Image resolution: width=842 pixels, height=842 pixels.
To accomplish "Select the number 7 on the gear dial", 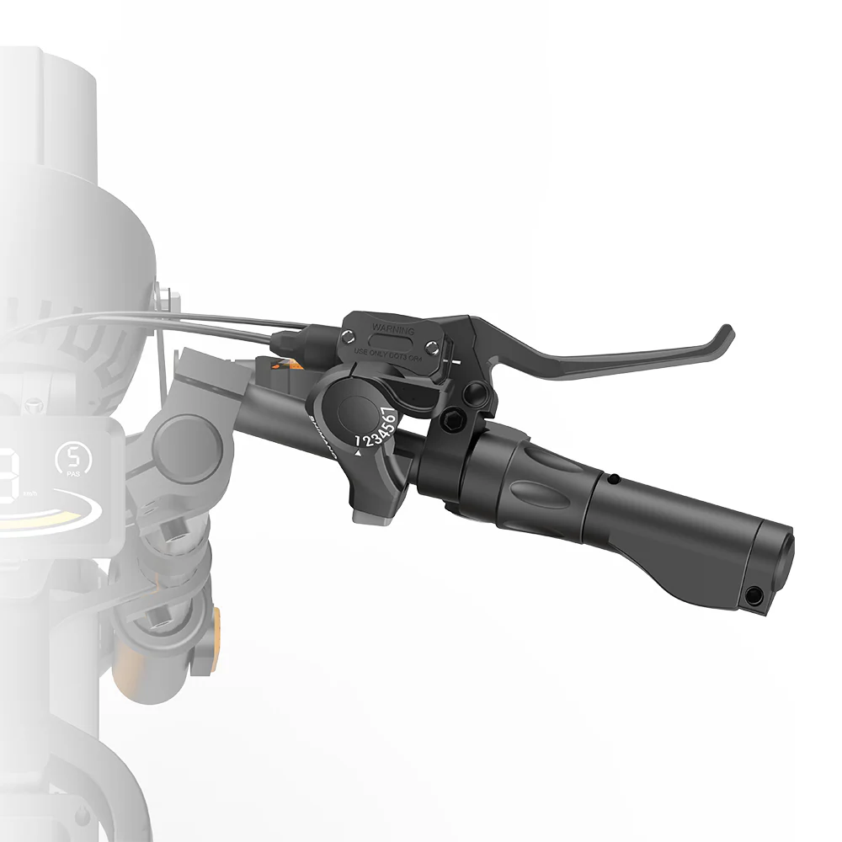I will click(x=389, y=413).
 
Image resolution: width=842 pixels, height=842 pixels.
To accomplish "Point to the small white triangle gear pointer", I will click(x=359, y=453).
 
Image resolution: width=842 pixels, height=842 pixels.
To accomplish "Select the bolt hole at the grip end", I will click(x=755, y=596).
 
